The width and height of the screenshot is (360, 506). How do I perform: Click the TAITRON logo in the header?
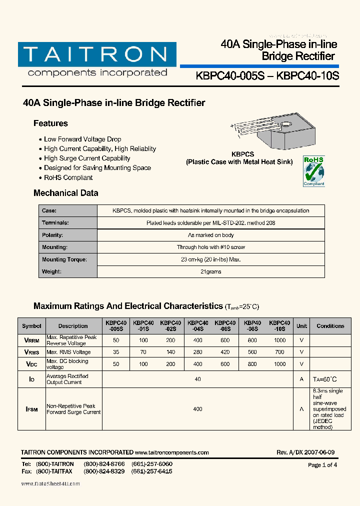tap(97, 59)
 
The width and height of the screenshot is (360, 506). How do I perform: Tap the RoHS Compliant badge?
tap(313, 171)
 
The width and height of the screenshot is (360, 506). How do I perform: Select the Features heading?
tap(50, 123)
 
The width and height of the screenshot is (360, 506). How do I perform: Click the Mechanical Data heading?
tap(65, 193)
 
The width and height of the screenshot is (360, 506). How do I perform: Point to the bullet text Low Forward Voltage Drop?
tap(82, 139)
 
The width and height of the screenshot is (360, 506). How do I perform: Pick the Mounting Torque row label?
tap(64, 259)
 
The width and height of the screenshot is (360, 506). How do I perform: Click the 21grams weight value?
tap(210, 272)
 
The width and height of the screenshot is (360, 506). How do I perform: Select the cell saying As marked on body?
tap(210, 235)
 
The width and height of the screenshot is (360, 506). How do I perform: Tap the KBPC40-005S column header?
tap(116, 326)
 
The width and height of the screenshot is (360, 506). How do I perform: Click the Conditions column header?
tap(330, 326)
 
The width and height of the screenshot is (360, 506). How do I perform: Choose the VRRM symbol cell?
tap(31, 340)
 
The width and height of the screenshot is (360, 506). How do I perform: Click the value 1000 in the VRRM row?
tap(279, 340)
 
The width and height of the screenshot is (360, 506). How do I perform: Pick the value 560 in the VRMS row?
tap(252, 352)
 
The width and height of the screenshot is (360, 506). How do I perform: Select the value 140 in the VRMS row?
tap(170, 352)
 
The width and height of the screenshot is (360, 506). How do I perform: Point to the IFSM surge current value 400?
tap(197, 409)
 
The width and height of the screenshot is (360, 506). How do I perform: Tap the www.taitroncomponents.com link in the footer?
tap(171, 452)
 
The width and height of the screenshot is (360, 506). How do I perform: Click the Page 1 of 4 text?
tap(322, 465)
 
